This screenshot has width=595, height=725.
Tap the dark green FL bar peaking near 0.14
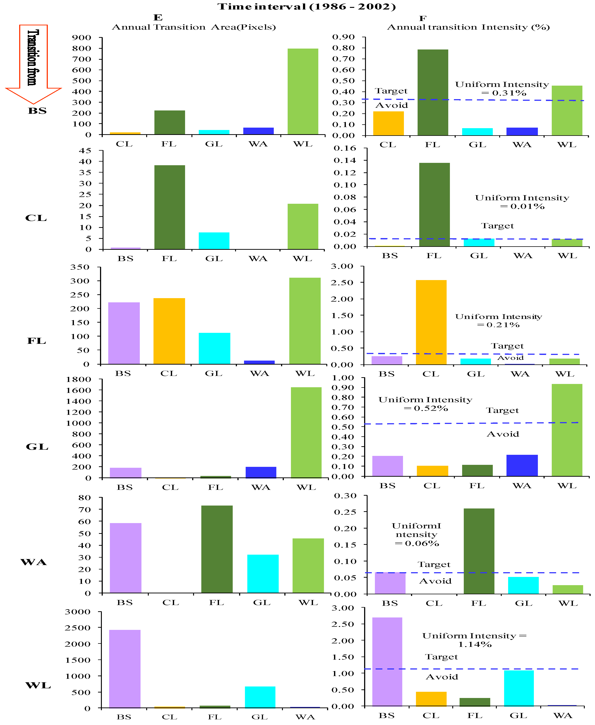(434, 205)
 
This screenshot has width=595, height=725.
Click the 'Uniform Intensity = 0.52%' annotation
(425, 404)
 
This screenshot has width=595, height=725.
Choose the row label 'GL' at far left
(37, 447)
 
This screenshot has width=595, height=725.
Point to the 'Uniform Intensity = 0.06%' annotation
(416, 534)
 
